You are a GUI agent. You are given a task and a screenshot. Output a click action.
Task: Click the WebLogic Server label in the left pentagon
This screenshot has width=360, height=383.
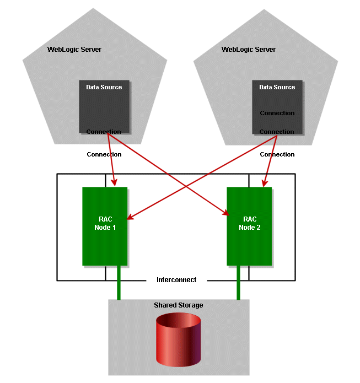click(74, 50)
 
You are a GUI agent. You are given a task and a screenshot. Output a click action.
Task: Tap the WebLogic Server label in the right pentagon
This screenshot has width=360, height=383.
click(248, 50)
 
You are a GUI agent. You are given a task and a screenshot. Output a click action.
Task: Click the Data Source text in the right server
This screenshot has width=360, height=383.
click(277, 87)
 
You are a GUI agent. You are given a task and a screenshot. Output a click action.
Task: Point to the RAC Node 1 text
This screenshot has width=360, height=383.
click(104, 223)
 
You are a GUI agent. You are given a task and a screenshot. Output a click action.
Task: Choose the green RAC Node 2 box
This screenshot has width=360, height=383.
click(249, 226)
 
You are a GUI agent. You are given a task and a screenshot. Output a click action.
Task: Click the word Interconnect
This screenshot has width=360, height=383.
click(176, 280)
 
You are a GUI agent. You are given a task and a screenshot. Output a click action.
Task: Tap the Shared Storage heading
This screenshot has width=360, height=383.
click(178, 305)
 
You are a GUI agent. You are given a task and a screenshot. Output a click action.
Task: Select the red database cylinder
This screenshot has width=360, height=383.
click(178, 340)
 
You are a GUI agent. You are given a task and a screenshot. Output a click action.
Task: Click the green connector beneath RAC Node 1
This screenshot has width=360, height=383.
click(119, 283)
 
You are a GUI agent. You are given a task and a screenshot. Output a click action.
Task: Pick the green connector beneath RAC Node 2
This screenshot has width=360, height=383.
click(238, 283)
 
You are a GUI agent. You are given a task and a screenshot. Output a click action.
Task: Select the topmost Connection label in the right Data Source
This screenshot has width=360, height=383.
click(277, 113)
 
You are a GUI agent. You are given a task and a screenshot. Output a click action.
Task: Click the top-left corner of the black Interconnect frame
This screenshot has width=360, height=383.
click(57, 175)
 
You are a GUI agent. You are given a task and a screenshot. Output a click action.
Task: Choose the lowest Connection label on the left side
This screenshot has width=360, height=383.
click(104, 154)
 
